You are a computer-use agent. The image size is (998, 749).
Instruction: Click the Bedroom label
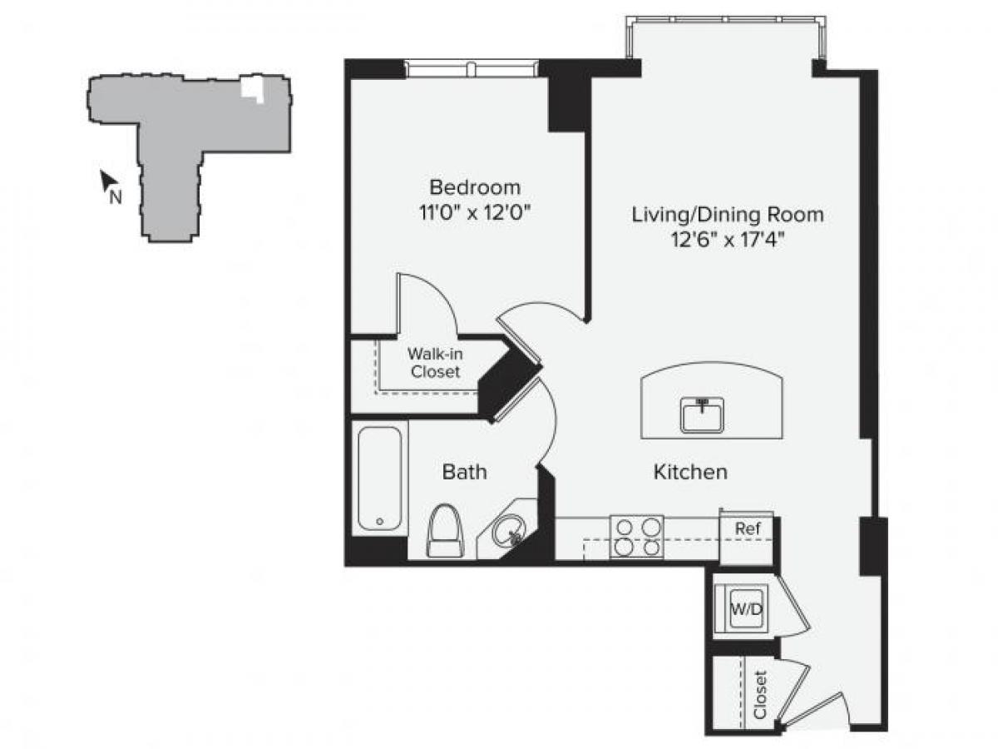475,186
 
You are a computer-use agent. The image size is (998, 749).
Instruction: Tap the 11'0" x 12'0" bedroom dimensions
475,211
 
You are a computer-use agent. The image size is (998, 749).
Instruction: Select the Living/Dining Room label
728,215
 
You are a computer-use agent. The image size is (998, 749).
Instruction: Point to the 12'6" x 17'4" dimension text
728,240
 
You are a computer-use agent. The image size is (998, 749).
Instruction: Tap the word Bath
464,473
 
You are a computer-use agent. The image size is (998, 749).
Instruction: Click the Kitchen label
690,473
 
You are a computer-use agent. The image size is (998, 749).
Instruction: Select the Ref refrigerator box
746,528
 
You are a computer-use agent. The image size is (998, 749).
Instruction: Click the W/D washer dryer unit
745,608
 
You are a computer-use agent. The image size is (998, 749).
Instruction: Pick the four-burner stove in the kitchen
637,537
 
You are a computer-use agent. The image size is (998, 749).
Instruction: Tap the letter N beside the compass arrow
116,197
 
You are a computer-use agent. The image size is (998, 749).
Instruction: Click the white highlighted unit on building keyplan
253,88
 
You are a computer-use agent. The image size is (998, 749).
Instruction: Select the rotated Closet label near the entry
758,695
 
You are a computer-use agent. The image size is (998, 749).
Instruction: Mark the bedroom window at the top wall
471,68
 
